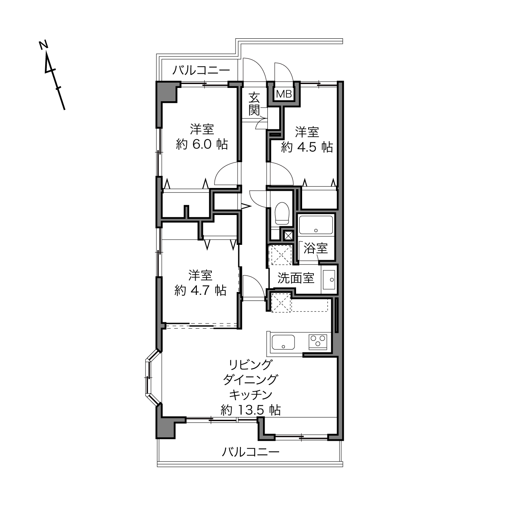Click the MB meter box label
coord(284,94)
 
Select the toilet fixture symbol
coord(282,213)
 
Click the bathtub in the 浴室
coord(316,225)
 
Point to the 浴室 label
coord(316,248)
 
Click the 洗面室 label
coord(296,278)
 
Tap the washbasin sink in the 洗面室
coord(329,280)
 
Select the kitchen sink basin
coord(283,342)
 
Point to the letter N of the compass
coord(44,45)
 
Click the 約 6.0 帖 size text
coord(202,144)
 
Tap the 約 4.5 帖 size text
coord(307,147)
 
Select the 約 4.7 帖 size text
coord(200,290)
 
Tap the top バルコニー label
coord(201,70)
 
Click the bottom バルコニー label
coord(251,452)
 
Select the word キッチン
coord(251,395)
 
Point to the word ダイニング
coord(250,380)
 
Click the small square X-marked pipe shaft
coord(288,236)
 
